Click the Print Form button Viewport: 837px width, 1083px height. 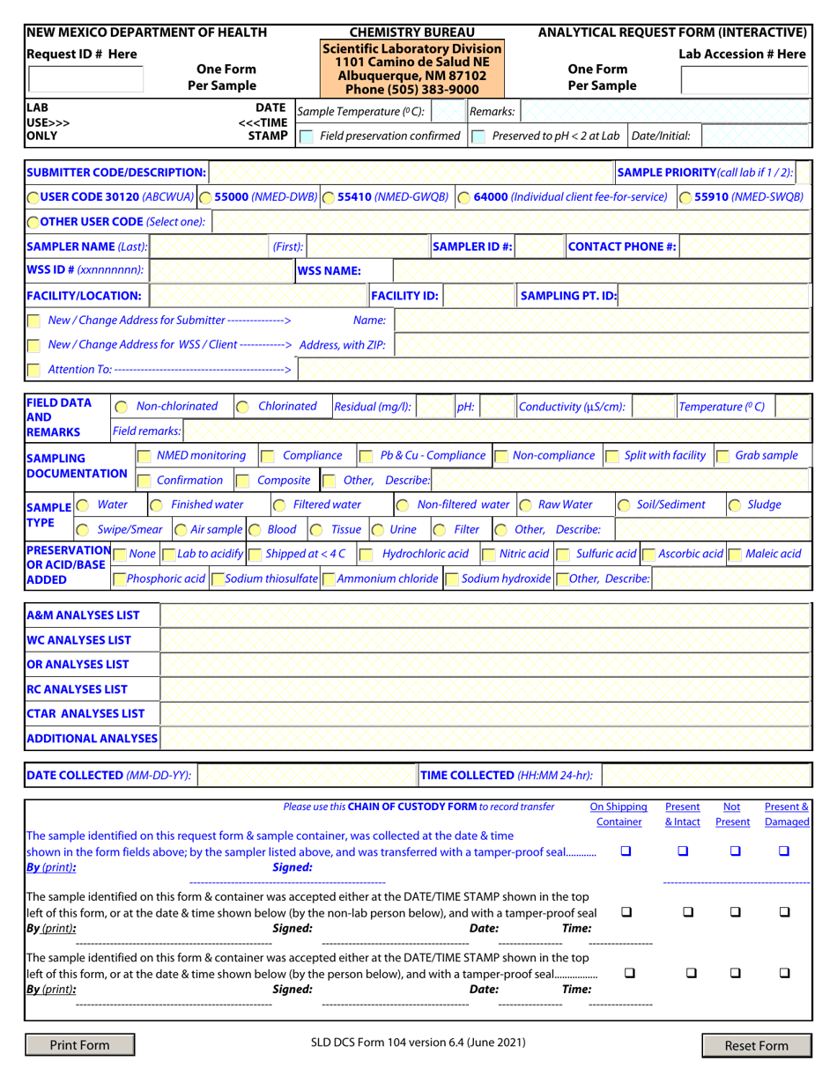pos(80,1045)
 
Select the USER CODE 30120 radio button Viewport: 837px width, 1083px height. pos(33,197)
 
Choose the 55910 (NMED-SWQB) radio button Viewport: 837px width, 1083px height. pos(685,197)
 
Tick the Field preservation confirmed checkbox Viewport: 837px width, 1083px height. pos(305,136)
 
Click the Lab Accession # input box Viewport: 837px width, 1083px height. pos(744,80)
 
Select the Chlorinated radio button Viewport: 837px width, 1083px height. pos(243,407)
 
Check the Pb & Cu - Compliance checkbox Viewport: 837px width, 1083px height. pos(366,456)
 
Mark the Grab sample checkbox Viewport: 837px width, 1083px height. pos(722,456)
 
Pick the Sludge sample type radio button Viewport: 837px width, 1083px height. pos(734,505)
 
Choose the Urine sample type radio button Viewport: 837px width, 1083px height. pos(376,530)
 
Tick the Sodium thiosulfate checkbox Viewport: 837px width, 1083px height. pos(217,579)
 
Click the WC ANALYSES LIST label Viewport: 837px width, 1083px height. pos(78,639)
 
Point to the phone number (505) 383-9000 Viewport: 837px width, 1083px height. pos(412,89)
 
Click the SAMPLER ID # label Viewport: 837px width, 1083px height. pos(472,247)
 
